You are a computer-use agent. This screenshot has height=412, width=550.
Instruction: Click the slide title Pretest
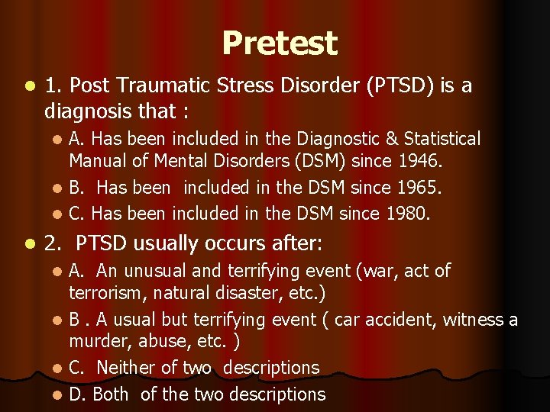[279, 43]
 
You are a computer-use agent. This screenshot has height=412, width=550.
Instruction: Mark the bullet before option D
[59, 394]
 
